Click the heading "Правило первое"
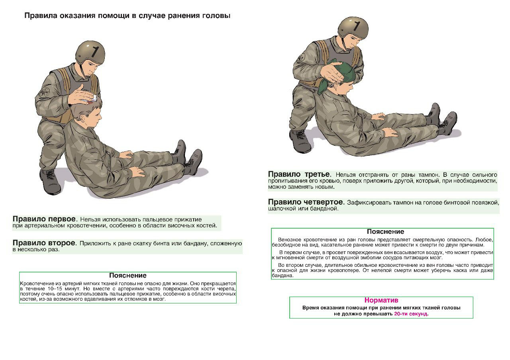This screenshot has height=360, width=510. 44,219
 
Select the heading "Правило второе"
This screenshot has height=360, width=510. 44,243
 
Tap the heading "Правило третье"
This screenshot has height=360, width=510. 299,174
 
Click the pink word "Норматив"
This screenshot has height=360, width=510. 381,300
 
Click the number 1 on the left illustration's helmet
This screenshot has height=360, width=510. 95,51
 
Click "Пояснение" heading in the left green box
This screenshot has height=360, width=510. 127,276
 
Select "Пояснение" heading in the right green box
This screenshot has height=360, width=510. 385,232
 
